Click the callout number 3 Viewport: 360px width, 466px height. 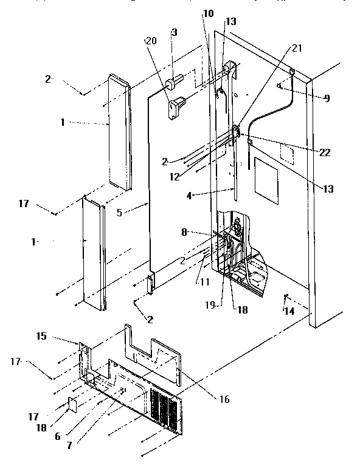coord(174,32)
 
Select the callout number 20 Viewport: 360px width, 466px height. coord(150,41)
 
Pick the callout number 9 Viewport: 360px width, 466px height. coord(327,97)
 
